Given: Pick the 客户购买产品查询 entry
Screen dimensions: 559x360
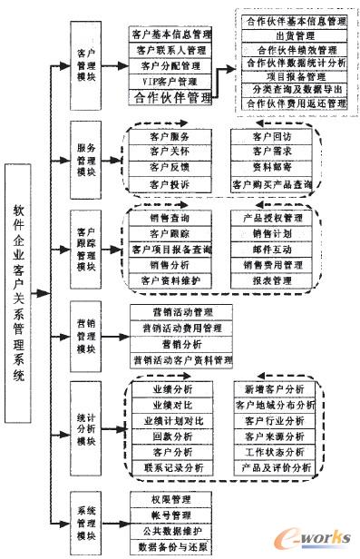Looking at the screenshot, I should [273, 184].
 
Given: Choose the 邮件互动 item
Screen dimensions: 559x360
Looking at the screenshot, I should [273, 248].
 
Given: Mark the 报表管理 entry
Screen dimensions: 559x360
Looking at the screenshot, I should [273, 279].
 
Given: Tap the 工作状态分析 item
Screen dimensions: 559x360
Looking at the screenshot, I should [274, 451].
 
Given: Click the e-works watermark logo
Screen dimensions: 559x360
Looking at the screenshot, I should [317, 535].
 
